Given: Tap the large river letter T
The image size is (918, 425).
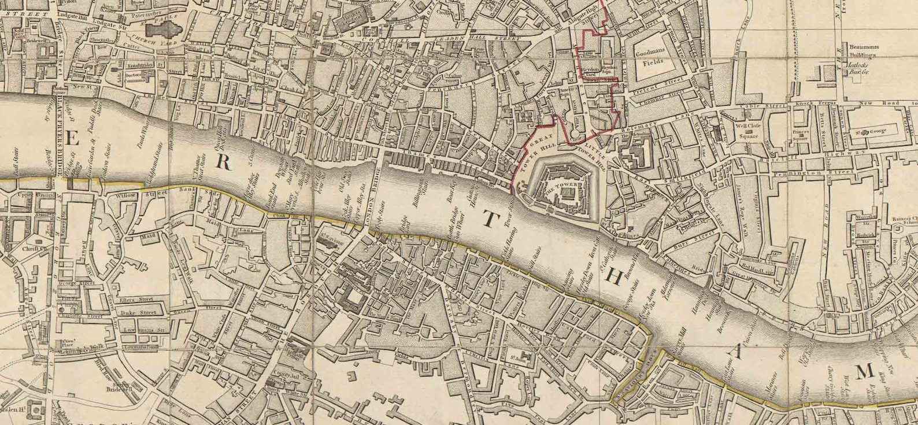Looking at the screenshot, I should click(x=488, y=219).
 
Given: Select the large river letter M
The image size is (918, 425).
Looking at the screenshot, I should click(x=865, y=373).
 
